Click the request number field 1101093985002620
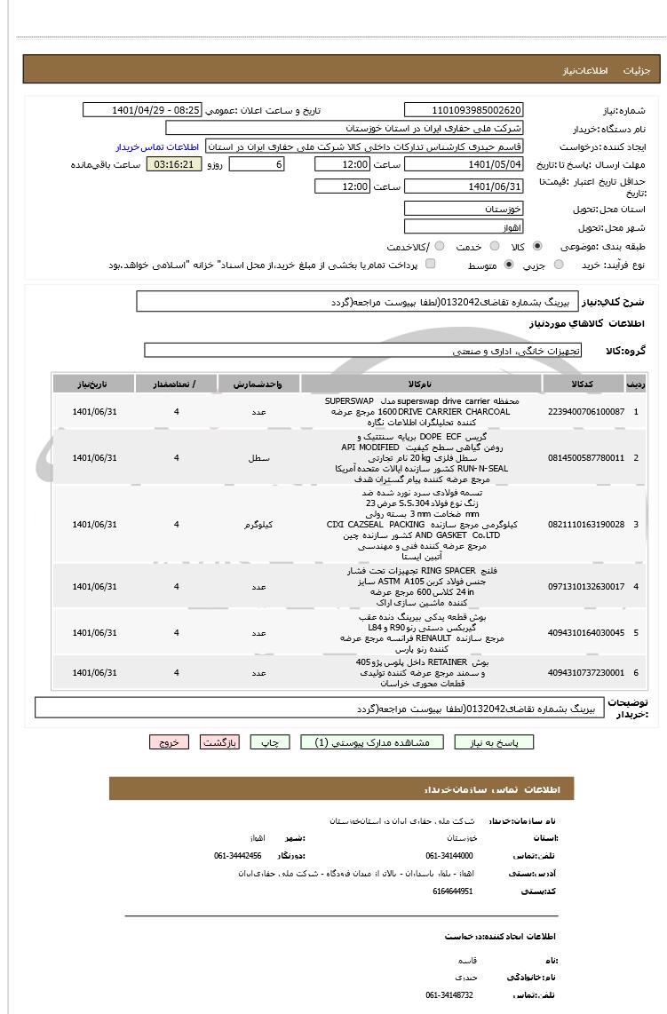[464, 110]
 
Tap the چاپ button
[270, 742]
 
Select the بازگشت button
[218, 742]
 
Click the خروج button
[169, 742]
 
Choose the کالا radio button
[537, 246]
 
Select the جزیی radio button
[559, 265]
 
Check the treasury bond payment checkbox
[431, 265]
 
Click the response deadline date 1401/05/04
[464, 165]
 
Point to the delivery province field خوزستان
[464, 210]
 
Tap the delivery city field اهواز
[464, 228]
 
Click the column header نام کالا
[421, 384]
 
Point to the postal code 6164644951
[453, 891]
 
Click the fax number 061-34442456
[237, 856]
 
